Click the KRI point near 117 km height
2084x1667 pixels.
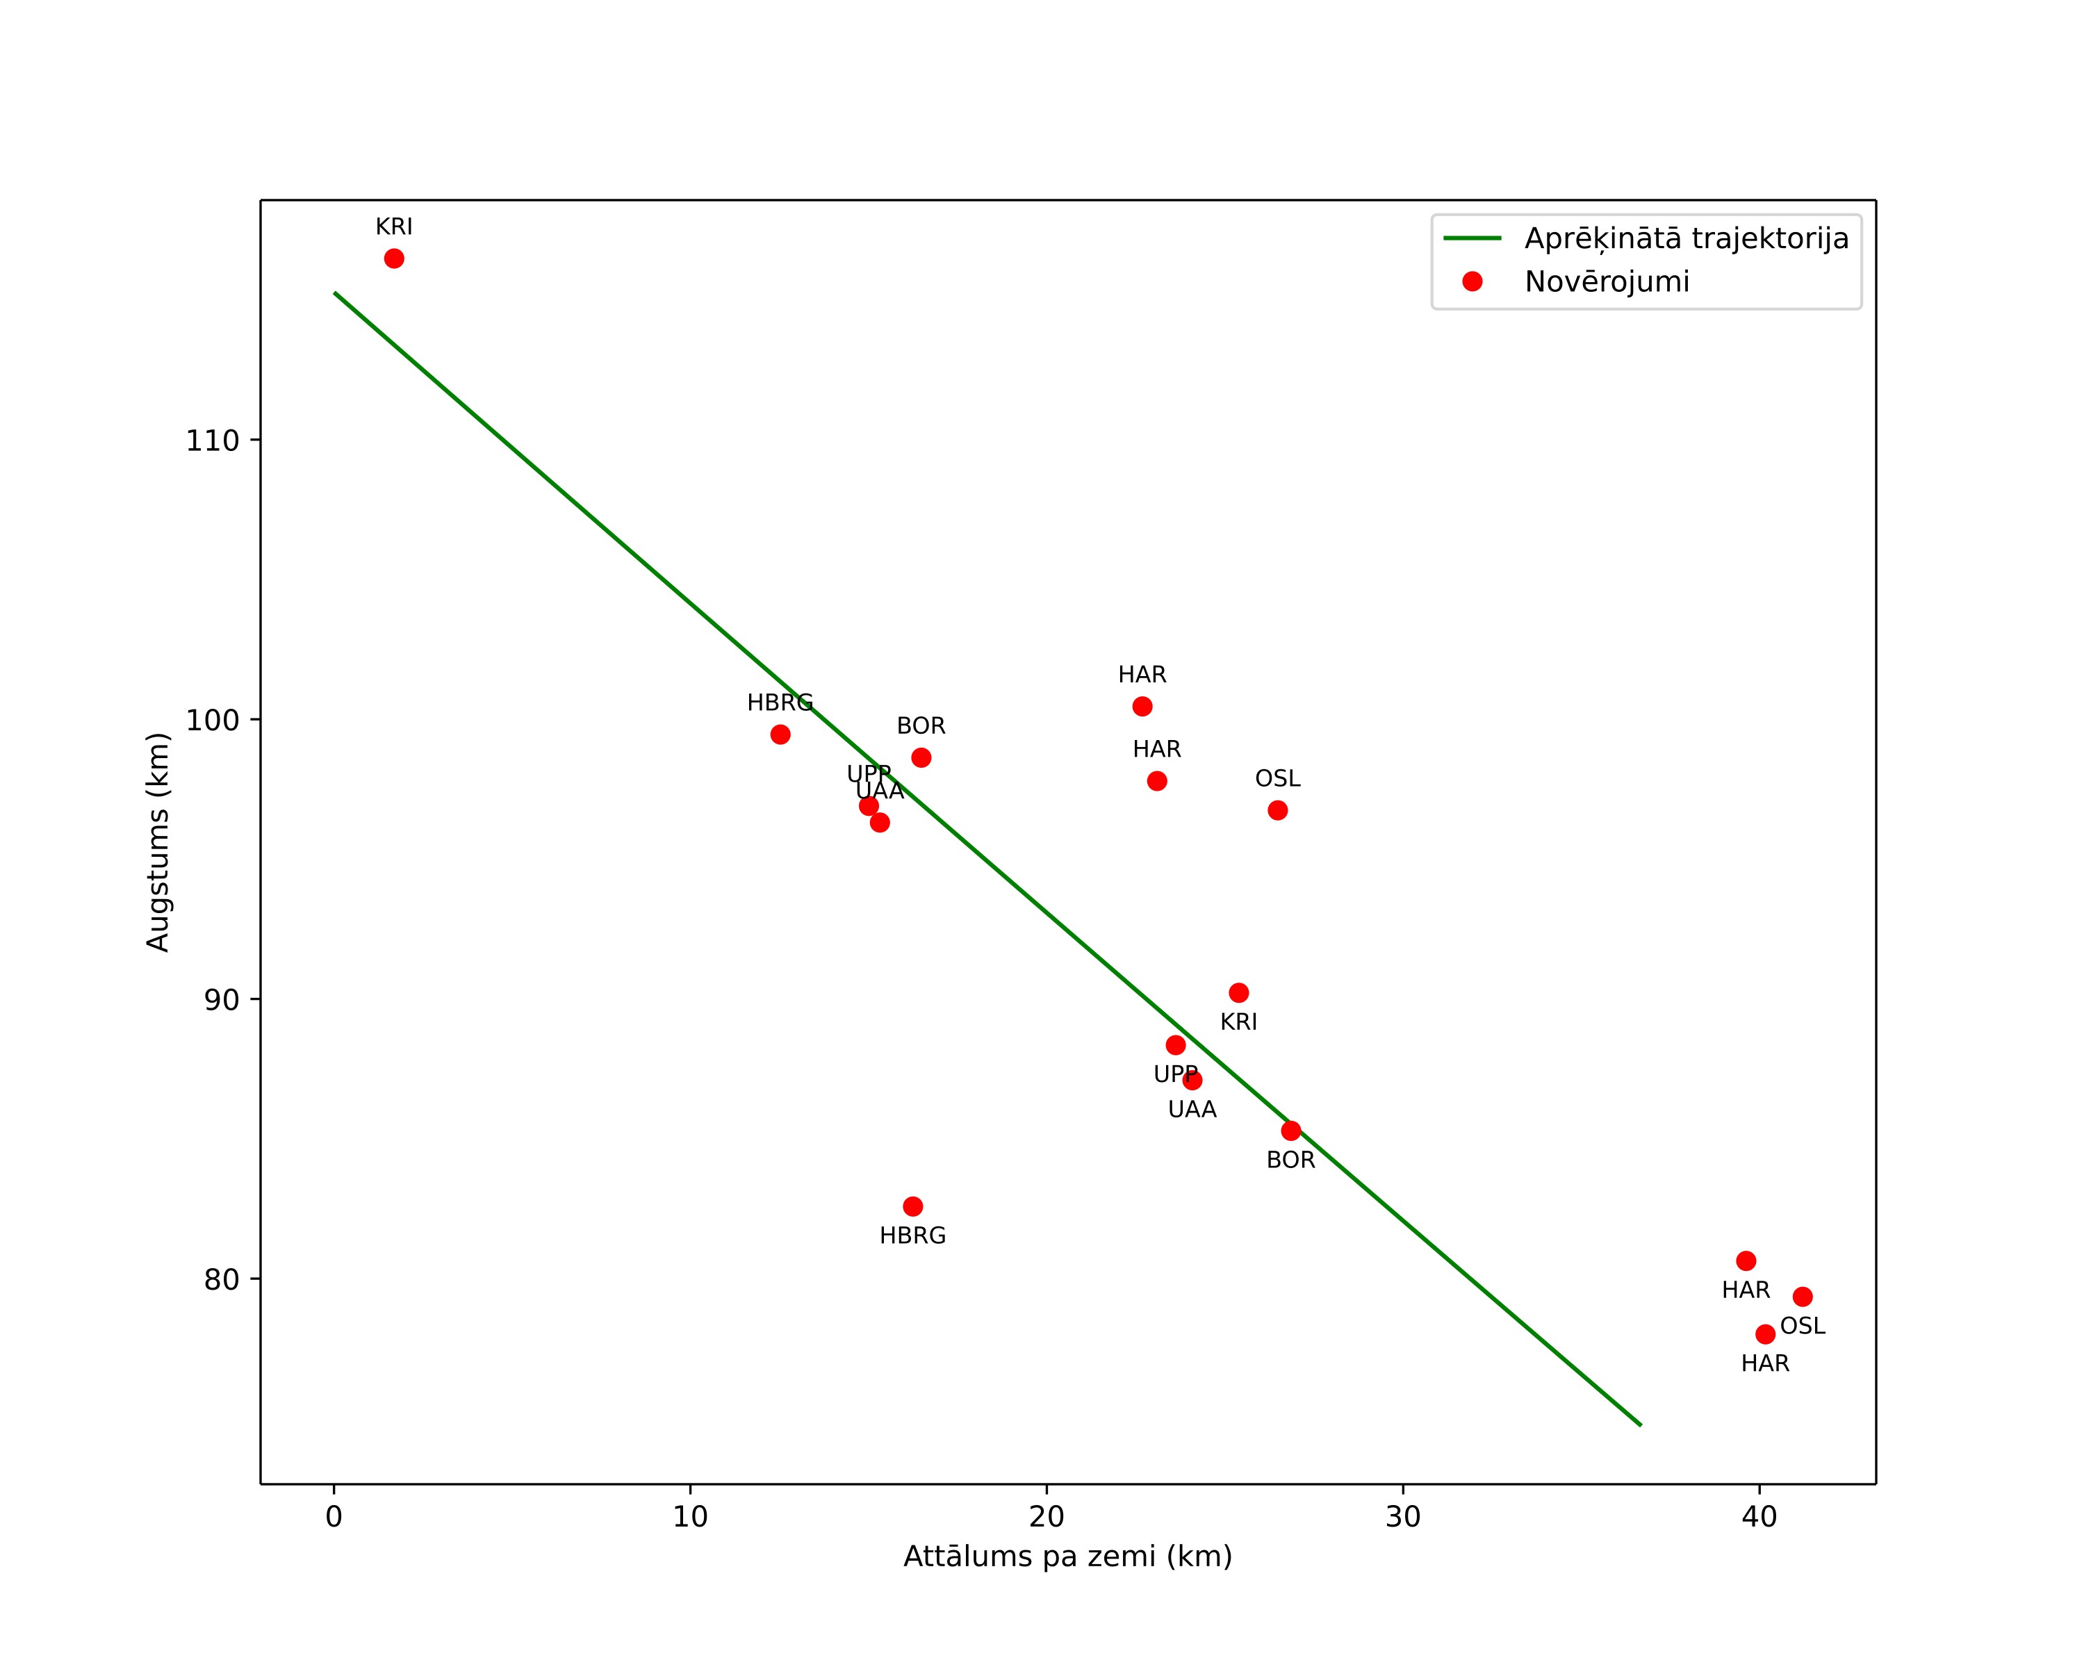[x=395, y=258]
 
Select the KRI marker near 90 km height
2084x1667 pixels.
[x=1239, y=992]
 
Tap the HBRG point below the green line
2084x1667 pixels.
[x=913, y=1206]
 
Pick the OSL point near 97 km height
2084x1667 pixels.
[x=1278, y=810]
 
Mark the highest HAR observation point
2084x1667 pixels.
[x=1142, y=707]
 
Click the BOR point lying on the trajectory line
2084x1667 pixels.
[x=1291, y=1131]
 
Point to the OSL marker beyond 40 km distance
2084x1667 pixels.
[x=1803, y=1297]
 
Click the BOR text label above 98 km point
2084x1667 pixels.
[x=921, y=725]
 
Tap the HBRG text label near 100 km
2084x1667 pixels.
[x=780, y=703]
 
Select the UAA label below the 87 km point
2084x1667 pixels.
[x=1192, y=1110]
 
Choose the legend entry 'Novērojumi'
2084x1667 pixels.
[x=1607, y=282]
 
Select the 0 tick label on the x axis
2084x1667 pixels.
[x=334, y=1517]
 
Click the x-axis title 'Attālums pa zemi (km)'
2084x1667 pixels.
[x=1068, y=1557]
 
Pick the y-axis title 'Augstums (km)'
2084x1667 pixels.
[x=158, y=841]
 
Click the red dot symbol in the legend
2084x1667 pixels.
[x=1472, y=281]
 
